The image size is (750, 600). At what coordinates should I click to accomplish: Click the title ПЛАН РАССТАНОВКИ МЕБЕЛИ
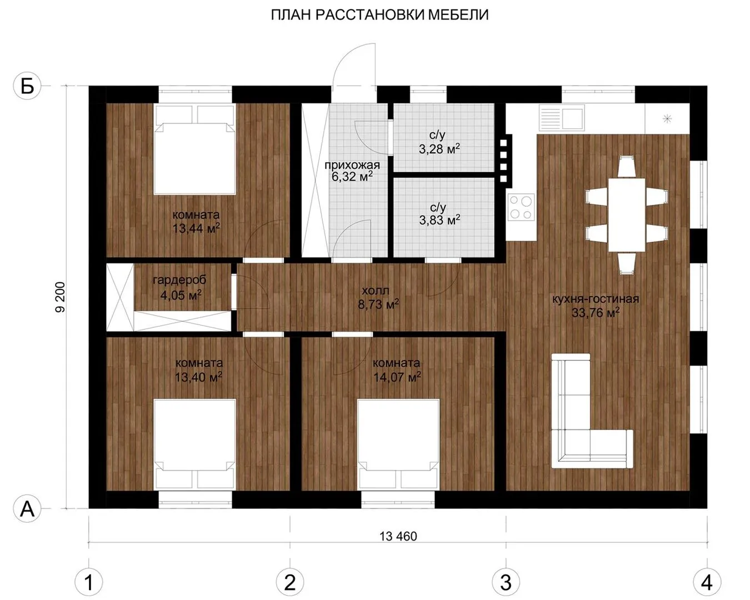tap(379, 14)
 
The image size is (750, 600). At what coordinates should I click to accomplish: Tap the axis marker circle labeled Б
tap(27, 86)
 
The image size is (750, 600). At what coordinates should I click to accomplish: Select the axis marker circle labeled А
tap(27, 509)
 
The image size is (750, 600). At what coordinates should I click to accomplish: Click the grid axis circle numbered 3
tap(506, 582)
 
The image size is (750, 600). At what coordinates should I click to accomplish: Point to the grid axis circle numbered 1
tap(88, 582)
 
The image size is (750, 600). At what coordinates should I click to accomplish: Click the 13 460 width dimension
tap(398, 536)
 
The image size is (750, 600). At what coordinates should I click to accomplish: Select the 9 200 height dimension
tap(61, 297)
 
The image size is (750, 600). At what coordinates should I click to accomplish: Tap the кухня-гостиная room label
tap(595, 299)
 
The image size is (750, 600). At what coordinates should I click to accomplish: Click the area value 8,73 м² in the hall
tap(378, 304)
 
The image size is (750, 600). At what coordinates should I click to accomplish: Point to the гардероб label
tap(179, 279)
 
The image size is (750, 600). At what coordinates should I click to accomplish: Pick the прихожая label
tap(352, 165)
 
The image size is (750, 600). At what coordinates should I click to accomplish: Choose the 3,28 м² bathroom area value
tap(439, 149)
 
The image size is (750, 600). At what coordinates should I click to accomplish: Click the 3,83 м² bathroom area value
tap(439, 220)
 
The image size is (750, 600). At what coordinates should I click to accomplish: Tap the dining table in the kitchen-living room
tap(627, 215)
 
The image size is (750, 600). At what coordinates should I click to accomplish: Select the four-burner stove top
tap(521, 207)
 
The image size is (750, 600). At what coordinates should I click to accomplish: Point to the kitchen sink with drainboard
tap(561, 118)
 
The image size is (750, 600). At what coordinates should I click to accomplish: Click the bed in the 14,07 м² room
tap(398, 444)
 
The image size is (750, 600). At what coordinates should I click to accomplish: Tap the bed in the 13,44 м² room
tap(195, 149)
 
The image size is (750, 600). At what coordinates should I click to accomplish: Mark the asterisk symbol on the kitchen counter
tap(667, 119)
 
